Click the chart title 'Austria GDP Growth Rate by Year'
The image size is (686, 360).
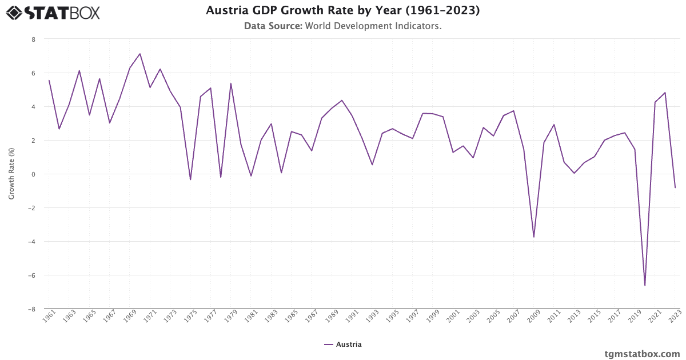point(342,10)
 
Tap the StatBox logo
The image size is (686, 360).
point(53,12)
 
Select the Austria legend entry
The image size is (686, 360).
point(343,345)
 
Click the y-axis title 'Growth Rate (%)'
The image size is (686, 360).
point(11,174)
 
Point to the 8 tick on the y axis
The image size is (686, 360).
point(33,39)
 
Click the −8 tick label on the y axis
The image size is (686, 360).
point(32,309)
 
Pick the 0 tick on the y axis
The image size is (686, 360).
point(33,174)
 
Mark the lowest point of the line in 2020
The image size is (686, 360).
point(645,285)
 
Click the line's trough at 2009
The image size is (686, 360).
point(534,237)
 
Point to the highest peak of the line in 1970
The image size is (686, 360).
point(139,54)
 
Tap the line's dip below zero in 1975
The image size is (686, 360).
point(190,179)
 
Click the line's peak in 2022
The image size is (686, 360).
point(665,93)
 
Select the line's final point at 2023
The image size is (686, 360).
point(675,187)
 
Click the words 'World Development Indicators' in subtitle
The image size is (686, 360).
point(373,26)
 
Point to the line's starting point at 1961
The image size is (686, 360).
point(49,81)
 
